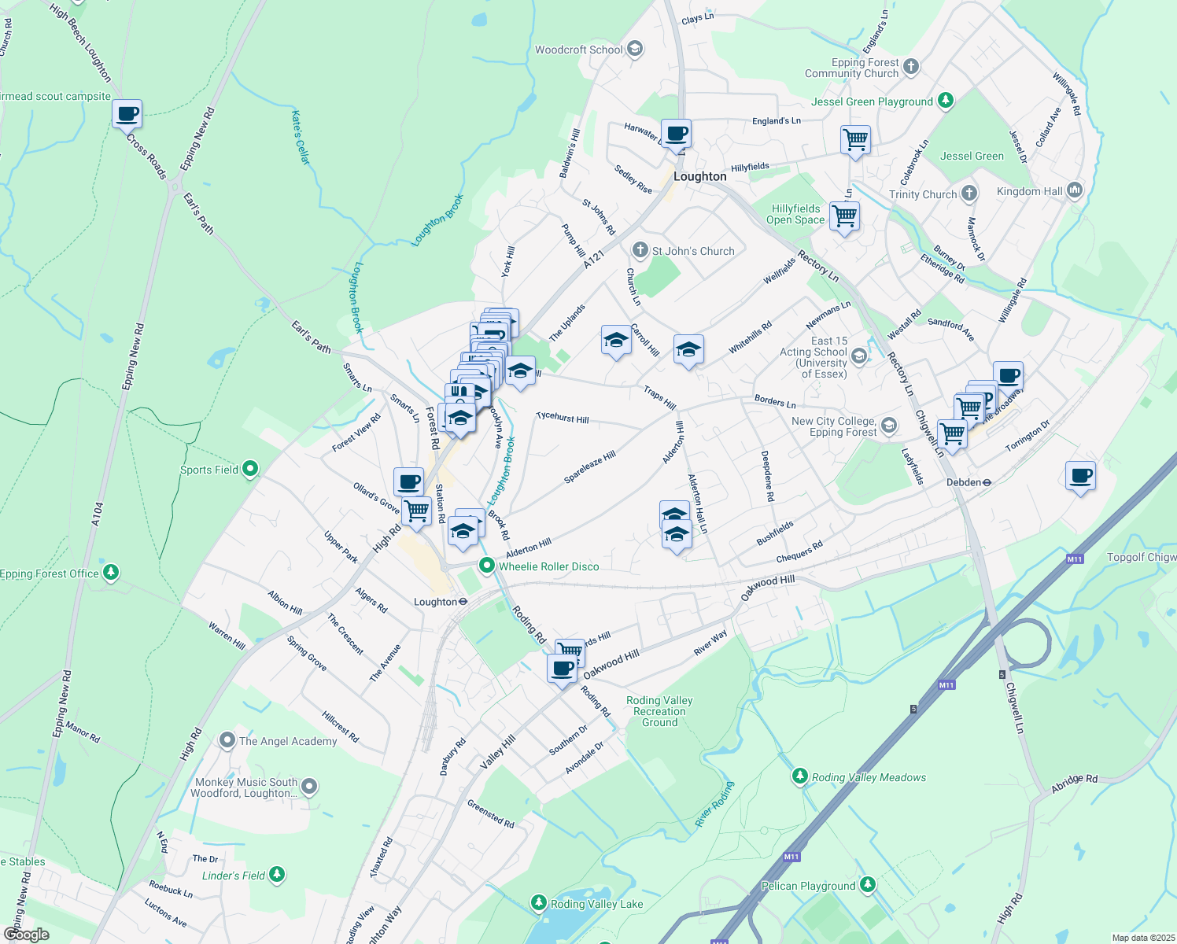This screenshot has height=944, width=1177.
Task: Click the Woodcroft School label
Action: coord(579,50)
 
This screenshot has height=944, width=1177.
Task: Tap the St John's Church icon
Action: coord(640,251)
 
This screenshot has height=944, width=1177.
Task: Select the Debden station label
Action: coord(964,482)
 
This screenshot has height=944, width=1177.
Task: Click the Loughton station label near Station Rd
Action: coord(435,602)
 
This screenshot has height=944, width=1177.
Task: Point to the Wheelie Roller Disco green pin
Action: coord(487,566)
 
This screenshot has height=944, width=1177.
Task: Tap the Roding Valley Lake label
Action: coord(596,904)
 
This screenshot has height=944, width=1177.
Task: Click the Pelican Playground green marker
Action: coord(867,885)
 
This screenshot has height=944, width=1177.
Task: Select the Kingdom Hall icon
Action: coord(1075,190)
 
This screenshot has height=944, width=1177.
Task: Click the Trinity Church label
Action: coord(923,194)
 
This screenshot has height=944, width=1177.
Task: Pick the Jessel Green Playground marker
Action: coord(946,101)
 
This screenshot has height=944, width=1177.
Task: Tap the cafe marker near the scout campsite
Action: coord(127,115)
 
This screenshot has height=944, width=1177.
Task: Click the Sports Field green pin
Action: coord(250,470)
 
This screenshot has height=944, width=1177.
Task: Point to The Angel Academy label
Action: coord(288,741)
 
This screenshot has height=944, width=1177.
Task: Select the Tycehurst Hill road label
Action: coord(562,418)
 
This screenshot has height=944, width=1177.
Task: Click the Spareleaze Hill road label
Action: coord(590,467)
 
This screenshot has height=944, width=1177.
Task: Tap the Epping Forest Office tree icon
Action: coord(111,573)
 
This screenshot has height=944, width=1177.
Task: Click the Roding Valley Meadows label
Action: coord(869,777)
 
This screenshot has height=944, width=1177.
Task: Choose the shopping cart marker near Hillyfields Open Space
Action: coord(845,215)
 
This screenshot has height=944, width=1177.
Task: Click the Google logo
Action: coord(26,935)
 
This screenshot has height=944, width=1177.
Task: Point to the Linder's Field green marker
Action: coord(276,875)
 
